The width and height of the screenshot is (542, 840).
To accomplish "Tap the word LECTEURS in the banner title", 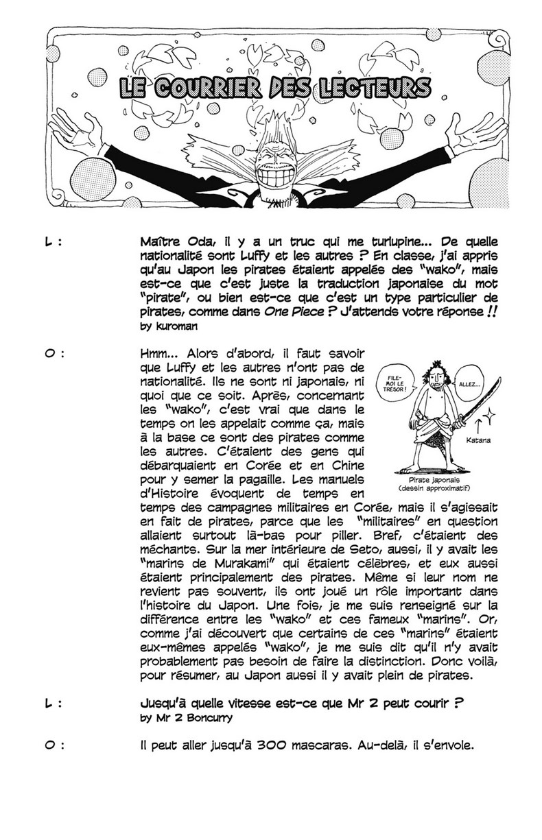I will (x=377, y=90).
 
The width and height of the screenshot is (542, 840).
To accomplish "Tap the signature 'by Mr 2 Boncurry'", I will (x=180, y=719).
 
